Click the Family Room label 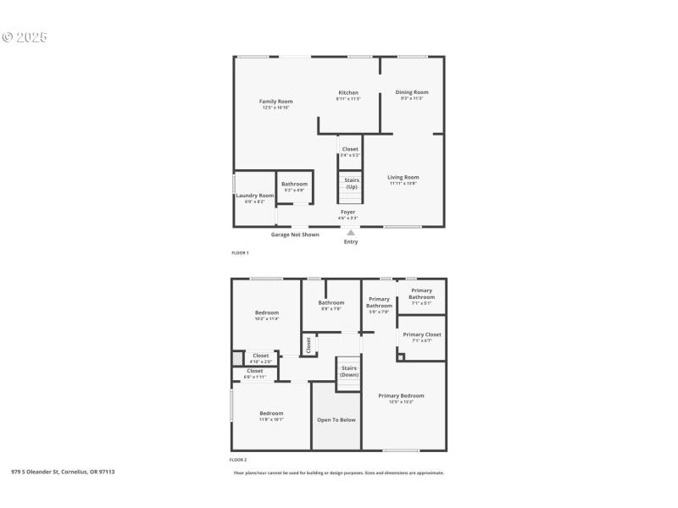[275, 102]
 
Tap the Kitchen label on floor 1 [347, 93]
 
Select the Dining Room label [412, 92]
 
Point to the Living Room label [403, 177]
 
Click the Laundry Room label [254, 196]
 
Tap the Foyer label [348, 212]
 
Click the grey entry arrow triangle [351, 232]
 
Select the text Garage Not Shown [295, 235]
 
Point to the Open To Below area [336, 419]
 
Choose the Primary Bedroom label [401, 395]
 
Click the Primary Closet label [421, 334]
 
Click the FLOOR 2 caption [239, 460]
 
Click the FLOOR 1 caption [239, 253]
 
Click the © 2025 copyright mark [25, 38]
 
